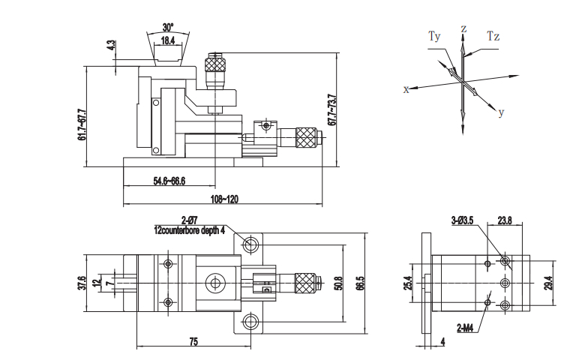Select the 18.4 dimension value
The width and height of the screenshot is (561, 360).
167,42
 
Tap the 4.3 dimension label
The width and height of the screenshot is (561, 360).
112,45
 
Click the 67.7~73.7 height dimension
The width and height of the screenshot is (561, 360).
331,109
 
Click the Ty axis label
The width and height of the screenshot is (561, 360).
435,36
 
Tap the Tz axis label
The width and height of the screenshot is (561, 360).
493,35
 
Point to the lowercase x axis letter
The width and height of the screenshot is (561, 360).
406,88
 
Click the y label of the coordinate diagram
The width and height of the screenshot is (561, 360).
501,113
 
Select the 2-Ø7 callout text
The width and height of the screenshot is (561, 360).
189,220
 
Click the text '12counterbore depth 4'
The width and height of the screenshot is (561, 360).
189,230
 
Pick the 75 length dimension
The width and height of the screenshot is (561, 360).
193,341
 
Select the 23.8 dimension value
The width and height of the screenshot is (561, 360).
504,220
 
